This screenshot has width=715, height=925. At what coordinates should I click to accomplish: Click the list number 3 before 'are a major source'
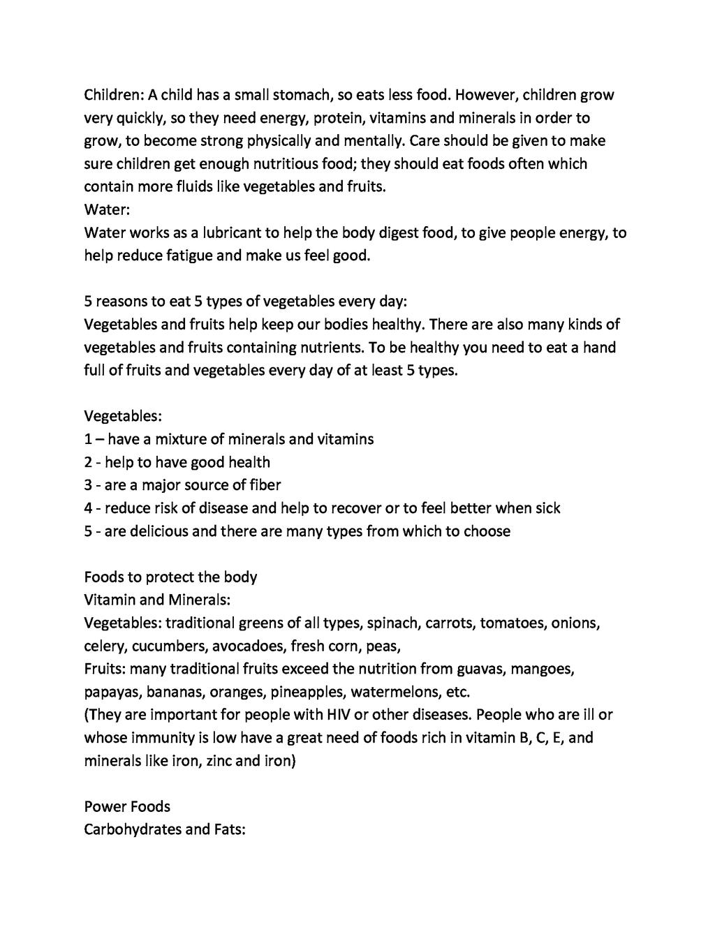coord(88,485)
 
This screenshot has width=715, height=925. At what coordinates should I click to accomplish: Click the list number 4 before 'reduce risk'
coord(89,508)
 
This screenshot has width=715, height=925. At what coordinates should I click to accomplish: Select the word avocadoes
coord(248,646)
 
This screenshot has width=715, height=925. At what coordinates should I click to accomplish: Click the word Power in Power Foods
coord(105,807)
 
